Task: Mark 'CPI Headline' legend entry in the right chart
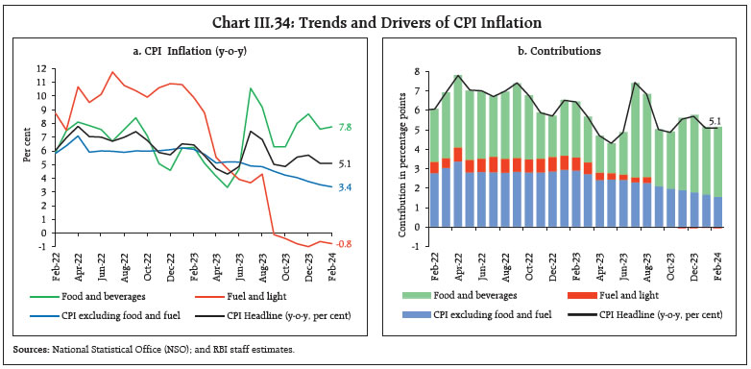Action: [x=651, y=313]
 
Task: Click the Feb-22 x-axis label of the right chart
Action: [x=434, y=265]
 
